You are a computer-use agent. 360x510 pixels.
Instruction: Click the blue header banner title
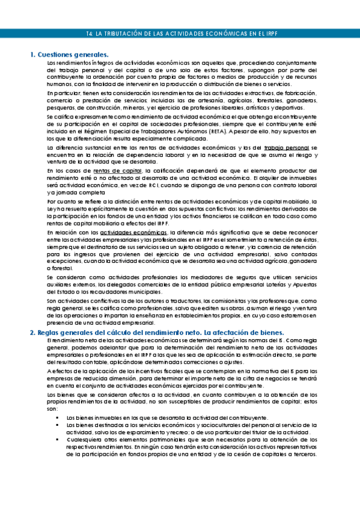tap(180, 34)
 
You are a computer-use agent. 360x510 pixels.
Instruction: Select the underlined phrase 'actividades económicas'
tap(133, 232)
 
